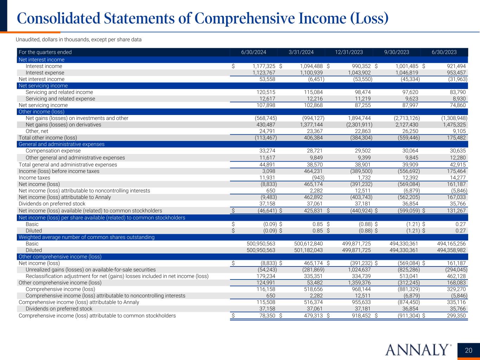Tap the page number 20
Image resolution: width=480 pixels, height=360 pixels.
pos(468,350)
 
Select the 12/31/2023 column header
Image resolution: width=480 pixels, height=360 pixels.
pos(349,52)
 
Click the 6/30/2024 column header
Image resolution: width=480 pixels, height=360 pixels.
pos(254,52)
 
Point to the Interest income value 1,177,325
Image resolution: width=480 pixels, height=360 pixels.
pos(264,66)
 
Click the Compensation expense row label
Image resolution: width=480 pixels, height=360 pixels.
pos(53,151)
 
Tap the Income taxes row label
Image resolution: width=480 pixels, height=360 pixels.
pos(34,178)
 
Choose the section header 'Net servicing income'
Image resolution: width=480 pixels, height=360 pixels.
pos(43,86)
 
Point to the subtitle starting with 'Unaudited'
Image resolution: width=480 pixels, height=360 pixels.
pos(79,40)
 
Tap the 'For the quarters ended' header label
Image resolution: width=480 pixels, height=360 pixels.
pos(45,52)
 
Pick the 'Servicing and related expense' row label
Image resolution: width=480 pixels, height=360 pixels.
pos(60,99)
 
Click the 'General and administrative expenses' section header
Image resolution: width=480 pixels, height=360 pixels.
pos(62,144)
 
